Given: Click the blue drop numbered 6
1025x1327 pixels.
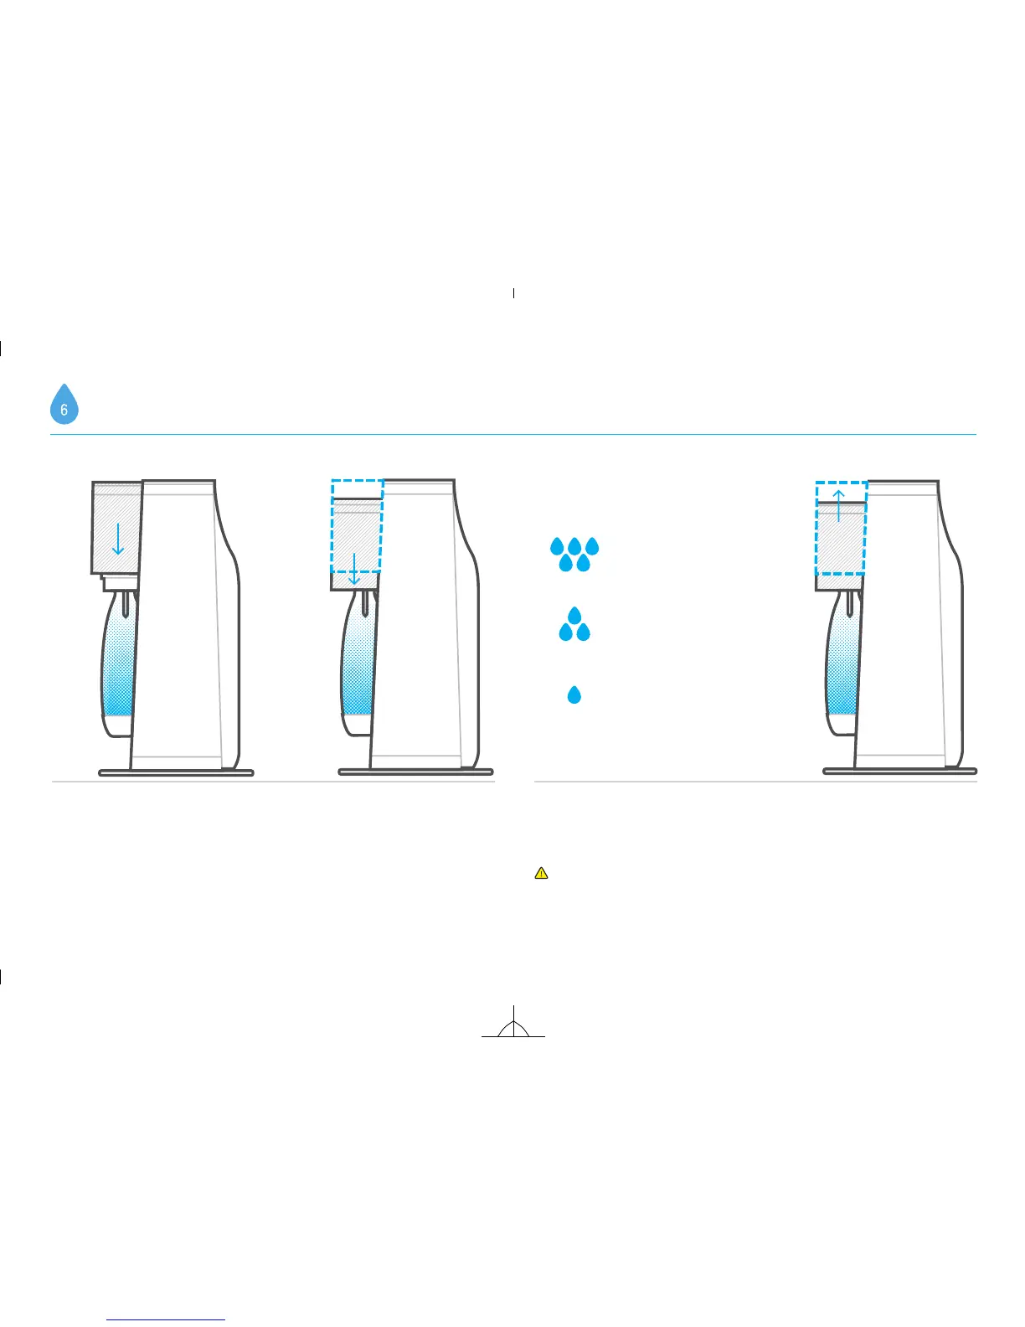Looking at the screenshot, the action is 64,405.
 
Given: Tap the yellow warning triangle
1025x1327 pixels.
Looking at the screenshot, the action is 541,873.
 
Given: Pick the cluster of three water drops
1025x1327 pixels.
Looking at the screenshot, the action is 574,625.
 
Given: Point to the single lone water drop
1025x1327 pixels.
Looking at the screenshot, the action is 574,694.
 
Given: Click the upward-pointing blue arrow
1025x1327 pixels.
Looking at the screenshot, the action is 838,504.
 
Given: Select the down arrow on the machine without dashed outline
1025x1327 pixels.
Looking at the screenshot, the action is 118,538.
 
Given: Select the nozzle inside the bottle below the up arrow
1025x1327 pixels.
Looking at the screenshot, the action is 849,602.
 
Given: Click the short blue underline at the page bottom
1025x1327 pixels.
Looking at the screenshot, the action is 167,1319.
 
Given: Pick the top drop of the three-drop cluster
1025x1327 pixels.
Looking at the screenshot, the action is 574,615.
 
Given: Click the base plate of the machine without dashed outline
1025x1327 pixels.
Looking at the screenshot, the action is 176,772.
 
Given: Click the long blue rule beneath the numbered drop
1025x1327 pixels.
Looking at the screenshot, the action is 512,434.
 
